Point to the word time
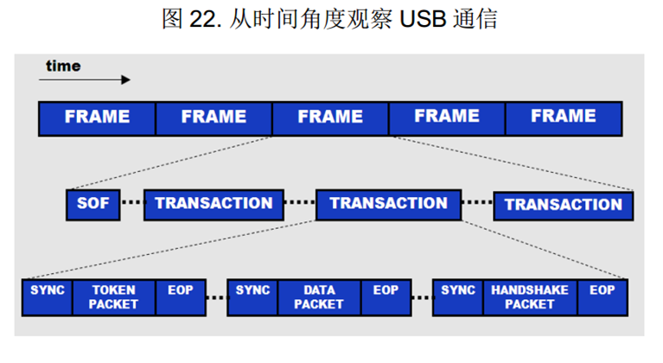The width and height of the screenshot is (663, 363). click(63, 66)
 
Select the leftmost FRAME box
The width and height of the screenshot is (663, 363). click(97, 118)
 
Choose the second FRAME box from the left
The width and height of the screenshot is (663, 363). click(214, 118)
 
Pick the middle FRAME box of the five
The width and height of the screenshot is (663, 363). click(330, 118)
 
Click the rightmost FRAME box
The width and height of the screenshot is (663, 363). click(564, 118)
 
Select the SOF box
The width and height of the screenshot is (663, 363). click(93, 204)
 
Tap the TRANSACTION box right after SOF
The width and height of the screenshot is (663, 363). click(214, 204)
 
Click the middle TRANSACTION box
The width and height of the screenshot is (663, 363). click(388, 204)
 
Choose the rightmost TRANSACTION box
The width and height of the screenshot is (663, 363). click(563, 205)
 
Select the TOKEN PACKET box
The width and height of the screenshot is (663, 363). click(113, 296)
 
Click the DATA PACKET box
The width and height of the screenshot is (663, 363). click(319, 296)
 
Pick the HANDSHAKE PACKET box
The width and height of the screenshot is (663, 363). click(529, 296)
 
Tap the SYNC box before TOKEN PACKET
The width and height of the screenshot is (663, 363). click(48, 296)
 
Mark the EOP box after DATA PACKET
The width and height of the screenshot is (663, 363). click(386, 296)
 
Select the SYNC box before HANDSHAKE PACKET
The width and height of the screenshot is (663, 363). click(458, 296)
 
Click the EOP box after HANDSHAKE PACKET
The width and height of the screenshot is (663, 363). click(602, 296)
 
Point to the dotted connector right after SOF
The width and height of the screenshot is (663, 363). click(131, 205)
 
